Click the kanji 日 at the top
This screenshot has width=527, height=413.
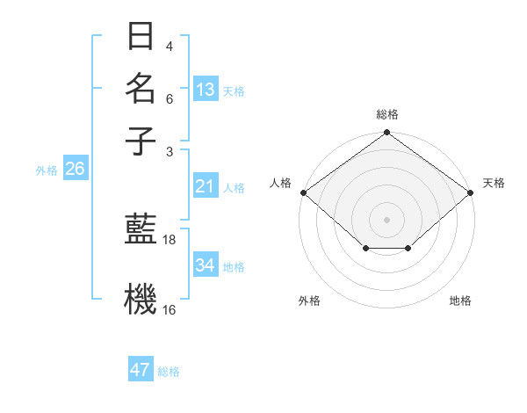[141, 36]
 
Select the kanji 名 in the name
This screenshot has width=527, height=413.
[141, 89]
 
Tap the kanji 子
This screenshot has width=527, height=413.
[141, 141]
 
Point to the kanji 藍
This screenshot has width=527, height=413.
[141, 230]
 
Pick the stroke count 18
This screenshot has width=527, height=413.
[170, 239]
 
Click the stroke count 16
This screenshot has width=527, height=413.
[170, 309]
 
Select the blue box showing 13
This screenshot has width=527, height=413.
[206, 90]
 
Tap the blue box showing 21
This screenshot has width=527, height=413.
[206, 186]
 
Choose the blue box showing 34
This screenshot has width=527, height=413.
[206, 265]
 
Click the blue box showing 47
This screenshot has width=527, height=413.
[141, 370]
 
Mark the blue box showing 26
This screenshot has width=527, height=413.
[75, 170]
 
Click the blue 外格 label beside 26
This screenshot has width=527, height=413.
[47, 170]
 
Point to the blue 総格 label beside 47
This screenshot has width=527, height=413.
[169, 372]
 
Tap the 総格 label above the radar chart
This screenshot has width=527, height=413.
[386, 114]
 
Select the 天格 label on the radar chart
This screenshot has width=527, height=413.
[494, 183]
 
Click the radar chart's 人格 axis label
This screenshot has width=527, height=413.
[281, 183]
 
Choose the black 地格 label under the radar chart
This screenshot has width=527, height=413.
[460, 301]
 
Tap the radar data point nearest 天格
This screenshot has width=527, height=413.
[472, 192]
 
